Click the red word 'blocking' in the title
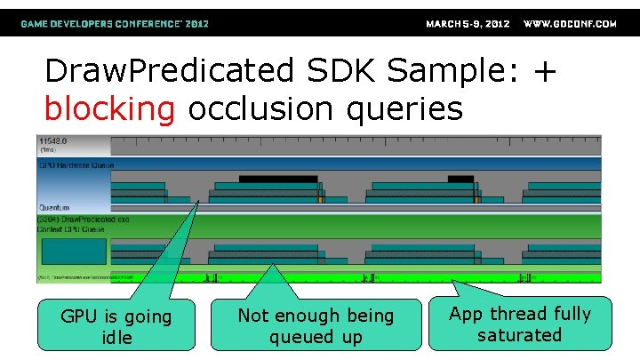pyautogui.click(x=109, y=109)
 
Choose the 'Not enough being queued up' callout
pyautogui.click(x=316, y=326)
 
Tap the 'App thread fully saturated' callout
pyautogui.click(x=519, y=324)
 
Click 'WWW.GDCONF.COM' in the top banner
pyautogui.click(x=570, y=24)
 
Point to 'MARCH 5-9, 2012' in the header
pyautogui.click(x=468, y=24)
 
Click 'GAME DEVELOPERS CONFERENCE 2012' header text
pyautogui.click(x=115, y=24)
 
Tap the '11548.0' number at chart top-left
pyautogui.click(x=54, y=141)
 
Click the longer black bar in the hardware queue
pyautogui.click(x=278, y=180)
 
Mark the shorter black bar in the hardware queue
pyautogui.click(x=460, y=180)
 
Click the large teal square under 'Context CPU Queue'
pyautogui.click(x=73, y=255)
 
